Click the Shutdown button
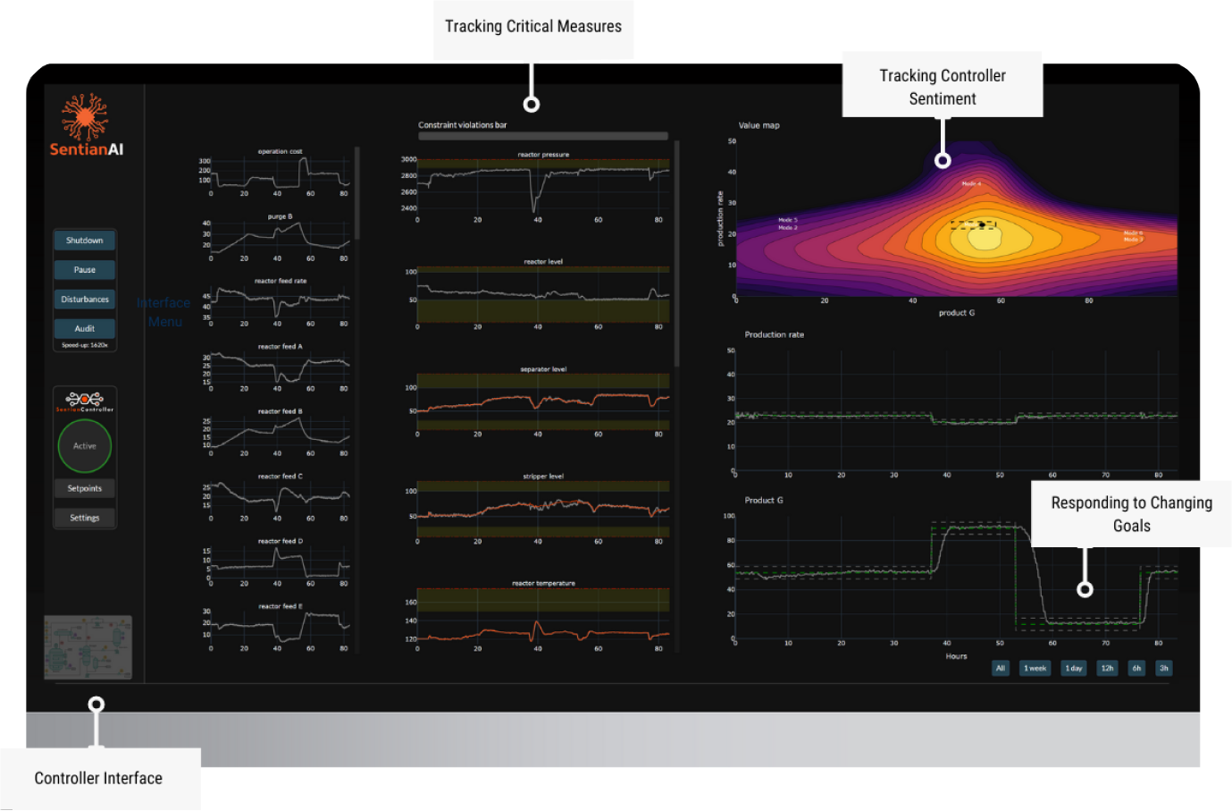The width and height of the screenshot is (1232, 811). point(85,241)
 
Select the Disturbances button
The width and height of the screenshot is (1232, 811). point(85,300)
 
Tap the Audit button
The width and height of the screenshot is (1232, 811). point(85,328)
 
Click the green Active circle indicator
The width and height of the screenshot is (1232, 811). point(85,446)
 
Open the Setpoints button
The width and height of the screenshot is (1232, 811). point(85,488)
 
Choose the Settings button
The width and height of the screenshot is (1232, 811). point(85,518)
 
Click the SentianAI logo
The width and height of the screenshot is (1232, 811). point(86,125)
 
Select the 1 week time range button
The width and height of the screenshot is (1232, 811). point(1035,668)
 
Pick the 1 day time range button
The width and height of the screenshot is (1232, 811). point(1074,668)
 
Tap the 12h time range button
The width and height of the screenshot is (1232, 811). point(1107,668)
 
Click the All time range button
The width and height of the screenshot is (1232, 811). point(1001,668)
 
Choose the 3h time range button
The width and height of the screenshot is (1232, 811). point(1163,668)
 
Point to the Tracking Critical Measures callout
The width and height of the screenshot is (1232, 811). point(533,27)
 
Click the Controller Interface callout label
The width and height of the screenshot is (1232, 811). point(98,779)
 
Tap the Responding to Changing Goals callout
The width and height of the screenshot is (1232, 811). point(1131,514)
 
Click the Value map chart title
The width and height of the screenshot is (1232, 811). point(758,126)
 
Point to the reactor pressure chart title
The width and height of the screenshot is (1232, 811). point(543,155)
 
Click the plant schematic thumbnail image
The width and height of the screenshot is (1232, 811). point(88,646)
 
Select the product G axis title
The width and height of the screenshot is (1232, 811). point(957,313)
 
